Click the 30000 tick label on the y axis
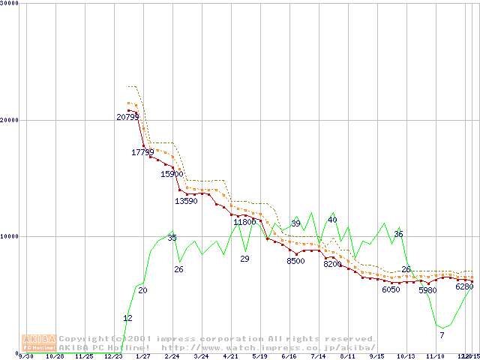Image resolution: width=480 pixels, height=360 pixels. (9, 3)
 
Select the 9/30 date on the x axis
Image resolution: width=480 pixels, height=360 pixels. (25, 356)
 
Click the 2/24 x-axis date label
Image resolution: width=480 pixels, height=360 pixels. (172, 356)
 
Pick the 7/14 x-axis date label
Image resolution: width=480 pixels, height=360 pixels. (317, 356)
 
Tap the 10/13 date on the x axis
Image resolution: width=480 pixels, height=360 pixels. (406, 356)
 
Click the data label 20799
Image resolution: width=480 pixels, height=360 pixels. (127, 117)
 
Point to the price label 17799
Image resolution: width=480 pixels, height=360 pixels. (142, 152)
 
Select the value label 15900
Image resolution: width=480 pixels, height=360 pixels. (172, 174)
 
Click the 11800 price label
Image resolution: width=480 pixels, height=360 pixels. (244, 222)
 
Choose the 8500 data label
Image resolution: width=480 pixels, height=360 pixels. (295, 261)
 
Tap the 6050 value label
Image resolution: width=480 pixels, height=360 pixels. (391, 289)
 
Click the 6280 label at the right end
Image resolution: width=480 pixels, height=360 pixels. (464, 286)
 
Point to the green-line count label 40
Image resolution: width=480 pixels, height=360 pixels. (332, 220)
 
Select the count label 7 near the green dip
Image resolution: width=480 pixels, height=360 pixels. (442, 334)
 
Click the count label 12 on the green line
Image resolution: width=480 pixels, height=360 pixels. (127, 319)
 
